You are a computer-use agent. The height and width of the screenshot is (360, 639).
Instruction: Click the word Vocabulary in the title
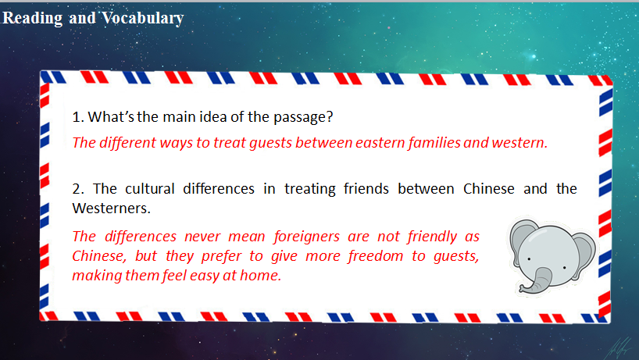(143, 18)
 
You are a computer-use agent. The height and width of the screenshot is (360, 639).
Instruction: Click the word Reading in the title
(32, 18)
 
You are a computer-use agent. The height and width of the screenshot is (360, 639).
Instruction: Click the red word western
(519, 143)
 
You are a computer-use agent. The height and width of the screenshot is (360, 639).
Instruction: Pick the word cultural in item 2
(149, 188)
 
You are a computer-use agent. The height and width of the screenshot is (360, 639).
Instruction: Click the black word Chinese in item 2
(488, 188)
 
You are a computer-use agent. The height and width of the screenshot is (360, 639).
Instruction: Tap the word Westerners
(111, 208)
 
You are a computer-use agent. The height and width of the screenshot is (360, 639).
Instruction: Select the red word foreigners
(306, 237)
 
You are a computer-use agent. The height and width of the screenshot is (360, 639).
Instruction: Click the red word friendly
(432, 237)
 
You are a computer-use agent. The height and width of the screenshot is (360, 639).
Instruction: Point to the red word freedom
(375, 256)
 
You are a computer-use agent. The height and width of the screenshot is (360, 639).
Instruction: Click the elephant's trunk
(535, 282)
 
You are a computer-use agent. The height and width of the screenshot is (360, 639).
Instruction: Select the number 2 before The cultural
(78, 189)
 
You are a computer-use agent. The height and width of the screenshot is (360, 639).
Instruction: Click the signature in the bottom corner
(619, 349)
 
